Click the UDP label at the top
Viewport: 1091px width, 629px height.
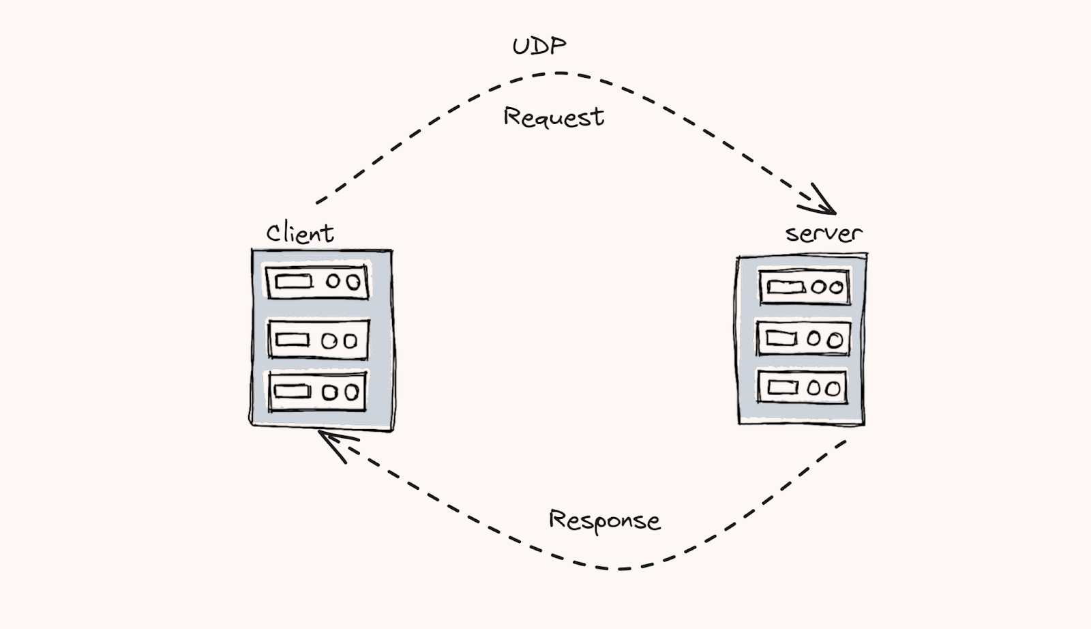click(x=539, y=46)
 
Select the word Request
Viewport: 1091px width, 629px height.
click(x=554, y=117)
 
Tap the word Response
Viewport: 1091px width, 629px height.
click(x=605, y=521)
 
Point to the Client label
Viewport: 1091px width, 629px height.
click(x=300, y=232)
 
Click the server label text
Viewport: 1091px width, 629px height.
click(x=824, y=233)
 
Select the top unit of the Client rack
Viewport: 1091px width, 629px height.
click(x=317, y=282)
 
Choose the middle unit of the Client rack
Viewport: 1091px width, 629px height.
click(x=318, y=340)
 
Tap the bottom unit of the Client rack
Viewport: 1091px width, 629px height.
click(x=317, y=391)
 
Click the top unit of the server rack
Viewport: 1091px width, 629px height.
click(x=805, y=287)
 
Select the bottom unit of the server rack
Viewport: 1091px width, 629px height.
click(x=802, y=387)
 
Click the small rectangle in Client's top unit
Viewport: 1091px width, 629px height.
click(x=293, y=282)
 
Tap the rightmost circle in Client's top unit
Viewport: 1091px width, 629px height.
click(x=353, y=282)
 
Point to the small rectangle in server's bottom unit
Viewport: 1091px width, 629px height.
click(x=783, y=387)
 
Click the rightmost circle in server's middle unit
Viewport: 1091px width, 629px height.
click(x=835, y=340)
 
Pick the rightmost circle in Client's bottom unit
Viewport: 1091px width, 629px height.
click(x=352, y=392)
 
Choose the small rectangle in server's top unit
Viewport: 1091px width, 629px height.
click(x=786, y=287)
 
